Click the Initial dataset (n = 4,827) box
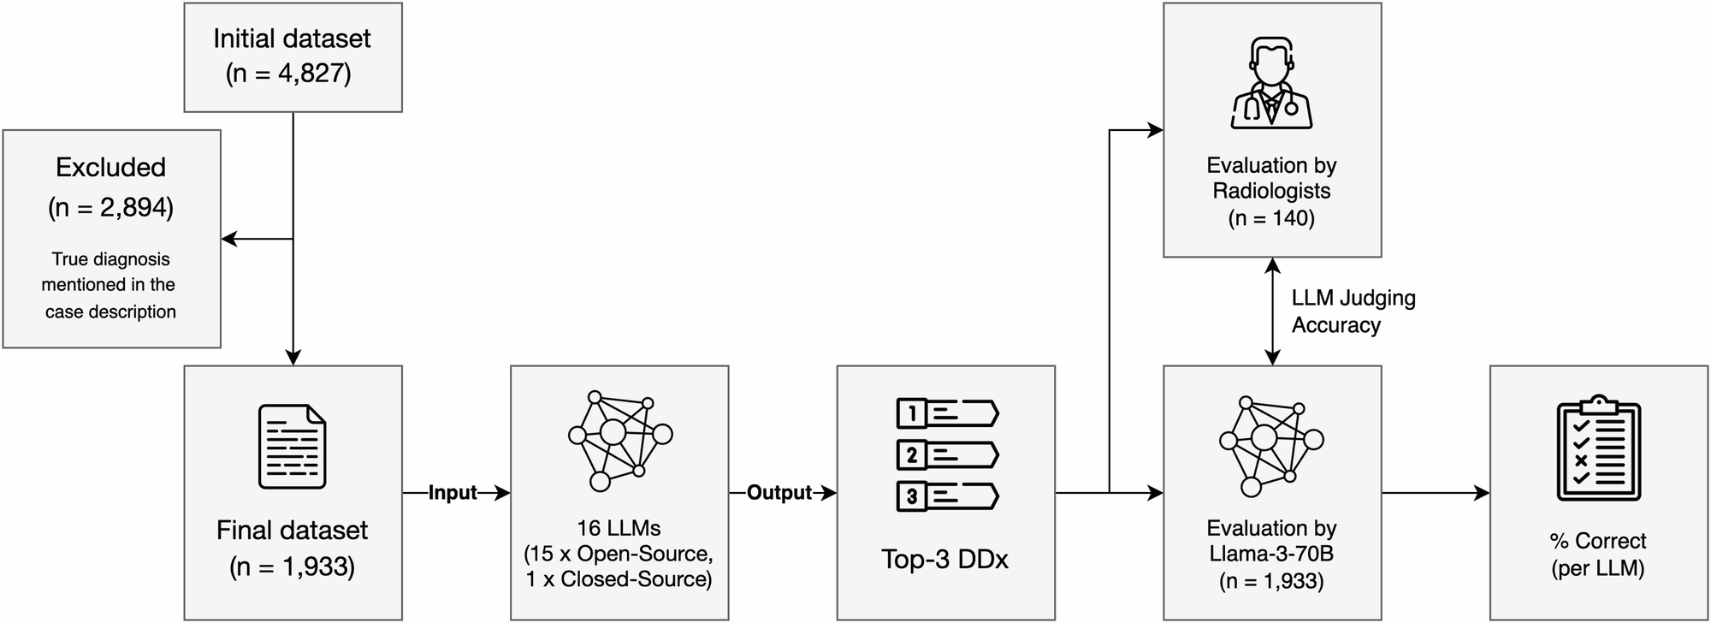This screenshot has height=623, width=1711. (x=293, y=56)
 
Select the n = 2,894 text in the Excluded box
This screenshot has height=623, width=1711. (x=110, y=208)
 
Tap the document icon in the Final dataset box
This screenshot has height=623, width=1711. (x=293, y=447)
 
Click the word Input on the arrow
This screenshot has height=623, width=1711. (x=452, y=493)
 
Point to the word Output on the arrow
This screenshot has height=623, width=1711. (x=779, y=493)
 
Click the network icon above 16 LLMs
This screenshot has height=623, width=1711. (x=619, y=440)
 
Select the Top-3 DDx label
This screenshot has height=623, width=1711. (x=944, y=560)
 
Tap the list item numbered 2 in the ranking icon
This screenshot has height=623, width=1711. (x=946, y=455)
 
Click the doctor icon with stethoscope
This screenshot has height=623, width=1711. (x=1271, y=83)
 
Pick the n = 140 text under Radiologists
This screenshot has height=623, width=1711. (x=1271, y=218)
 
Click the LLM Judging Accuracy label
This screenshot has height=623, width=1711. (x=1353, y=311)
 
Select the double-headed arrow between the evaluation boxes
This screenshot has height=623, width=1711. (x=1273, y=311)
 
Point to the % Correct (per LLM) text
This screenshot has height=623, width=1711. (x=1597, y=554)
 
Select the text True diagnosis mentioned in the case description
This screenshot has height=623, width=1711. (x=110, y=285)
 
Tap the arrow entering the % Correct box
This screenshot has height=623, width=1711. (x=1480, y=493)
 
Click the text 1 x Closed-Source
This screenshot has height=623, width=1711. (x=619, y=579)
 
